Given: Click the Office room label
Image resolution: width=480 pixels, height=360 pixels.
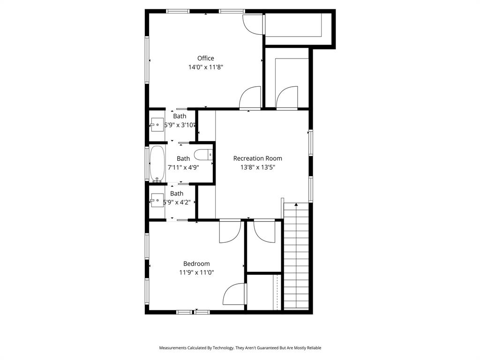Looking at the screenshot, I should tap(205, 58).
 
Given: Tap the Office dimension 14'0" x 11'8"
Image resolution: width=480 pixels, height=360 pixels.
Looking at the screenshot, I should tap(205, 67).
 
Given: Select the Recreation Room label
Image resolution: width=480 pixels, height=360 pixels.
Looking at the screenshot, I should tap(257, 158).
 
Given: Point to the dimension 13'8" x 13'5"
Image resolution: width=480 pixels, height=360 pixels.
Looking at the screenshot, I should tap(257, 167).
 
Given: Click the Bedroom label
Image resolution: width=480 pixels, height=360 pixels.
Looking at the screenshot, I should tap(196, 264).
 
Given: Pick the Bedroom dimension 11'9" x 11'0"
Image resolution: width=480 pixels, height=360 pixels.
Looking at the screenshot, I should tap(196, 272).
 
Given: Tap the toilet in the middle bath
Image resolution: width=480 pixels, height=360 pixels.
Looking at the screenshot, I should tap(204, 154).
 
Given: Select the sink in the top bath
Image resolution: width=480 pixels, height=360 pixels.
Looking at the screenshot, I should tap(157, 125).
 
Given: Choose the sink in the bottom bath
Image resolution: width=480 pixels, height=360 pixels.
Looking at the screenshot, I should tap(157, 202).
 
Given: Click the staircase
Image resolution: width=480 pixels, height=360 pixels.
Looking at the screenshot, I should tap(296, 258).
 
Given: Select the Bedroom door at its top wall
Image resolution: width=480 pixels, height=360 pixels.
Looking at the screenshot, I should tap(230, 231).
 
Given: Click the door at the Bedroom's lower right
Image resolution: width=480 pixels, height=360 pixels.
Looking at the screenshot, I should tap(234, 295).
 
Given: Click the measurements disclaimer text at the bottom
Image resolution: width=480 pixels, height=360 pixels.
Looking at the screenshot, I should tap(240, 348).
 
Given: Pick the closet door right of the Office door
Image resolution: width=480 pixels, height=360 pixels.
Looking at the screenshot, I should tap(286, 98).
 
